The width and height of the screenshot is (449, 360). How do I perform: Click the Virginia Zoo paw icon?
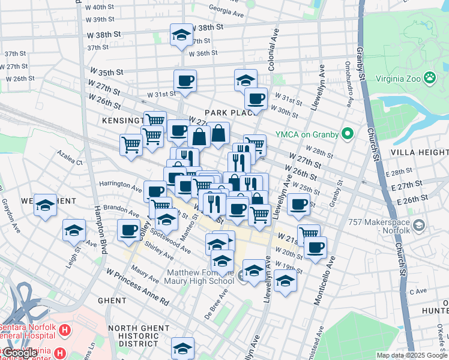(430, 77)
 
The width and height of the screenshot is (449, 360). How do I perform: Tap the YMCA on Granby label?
(306, 134)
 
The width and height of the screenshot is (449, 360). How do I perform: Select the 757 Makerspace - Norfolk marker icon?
(419, 225)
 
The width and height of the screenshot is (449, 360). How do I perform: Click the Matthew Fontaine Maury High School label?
(199, 277)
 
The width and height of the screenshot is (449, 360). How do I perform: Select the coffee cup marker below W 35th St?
(185, 81)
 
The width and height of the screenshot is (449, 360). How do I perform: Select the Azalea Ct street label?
(70, 162)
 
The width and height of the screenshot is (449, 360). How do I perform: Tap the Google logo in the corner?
(20, 353)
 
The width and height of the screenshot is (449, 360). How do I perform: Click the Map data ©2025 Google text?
(412, 355)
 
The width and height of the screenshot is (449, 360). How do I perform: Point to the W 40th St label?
(100, 7)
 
